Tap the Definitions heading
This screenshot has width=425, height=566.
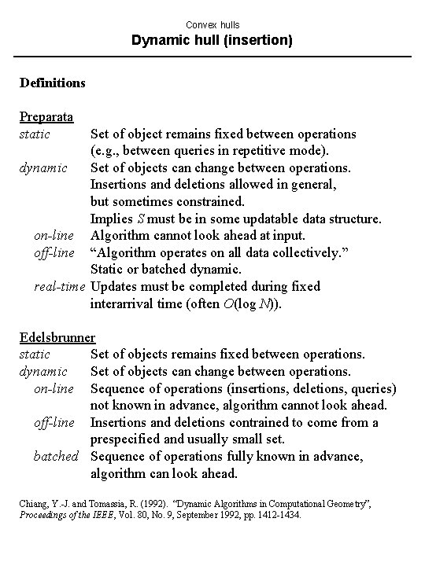[x=52, y=81]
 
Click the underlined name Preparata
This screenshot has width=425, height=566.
[x=46, y=117]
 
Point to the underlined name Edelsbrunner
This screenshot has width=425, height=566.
[x=57, y=338]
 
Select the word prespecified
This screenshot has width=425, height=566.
[x=128, y=439]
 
